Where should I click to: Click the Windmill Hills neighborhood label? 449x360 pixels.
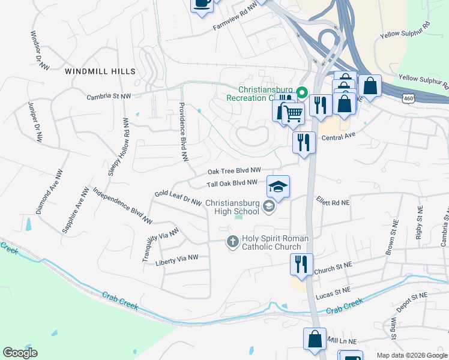[100, 71]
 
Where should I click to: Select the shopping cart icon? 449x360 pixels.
[293, 112]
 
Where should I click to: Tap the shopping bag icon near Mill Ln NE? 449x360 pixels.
[315, 339]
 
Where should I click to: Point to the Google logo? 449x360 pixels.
[20, 353]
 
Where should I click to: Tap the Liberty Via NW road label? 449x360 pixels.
[176, 259]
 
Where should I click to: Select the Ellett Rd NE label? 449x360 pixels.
[333, 203]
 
